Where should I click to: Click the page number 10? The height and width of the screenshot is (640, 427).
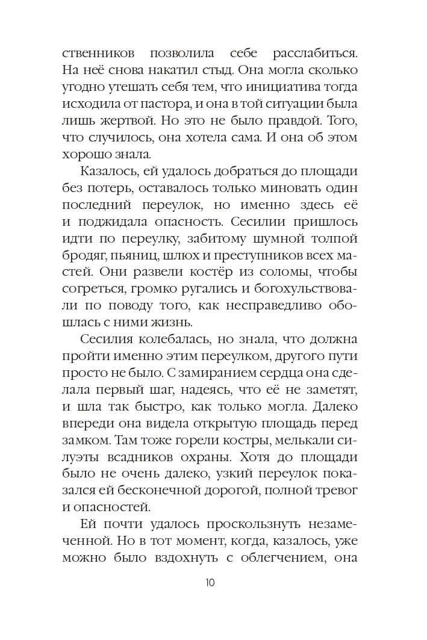click(210, 583)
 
